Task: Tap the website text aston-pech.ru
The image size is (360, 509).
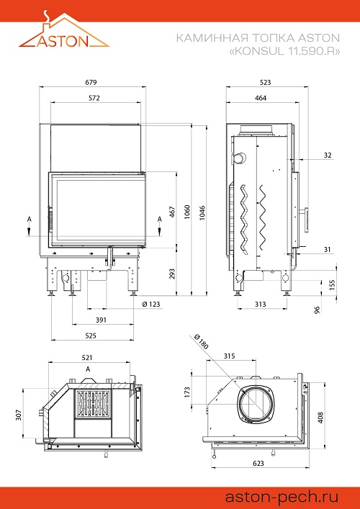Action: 282,497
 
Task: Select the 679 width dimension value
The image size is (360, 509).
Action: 91,83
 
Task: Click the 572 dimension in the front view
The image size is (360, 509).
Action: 94,98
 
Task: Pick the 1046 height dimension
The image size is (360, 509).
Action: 202,212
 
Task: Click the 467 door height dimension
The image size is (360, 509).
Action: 172,212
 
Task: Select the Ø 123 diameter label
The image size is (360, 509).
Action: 151,304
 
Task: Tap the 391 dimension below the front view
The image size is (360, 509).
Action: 101,320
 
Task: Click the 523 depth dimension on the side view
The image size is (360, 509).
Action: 265,83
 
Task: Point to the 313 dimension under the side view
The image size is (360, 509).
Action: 261,304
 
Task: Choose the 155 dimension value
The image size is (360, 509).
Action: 332,284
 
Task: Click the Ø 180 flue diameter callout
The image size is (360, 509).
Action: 202,341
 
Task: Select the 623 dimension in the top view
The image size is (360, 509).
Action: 258,463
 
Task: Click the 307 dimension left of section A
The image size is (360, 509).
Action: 19,415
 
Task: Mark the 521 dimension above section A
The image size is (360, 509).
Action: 87,358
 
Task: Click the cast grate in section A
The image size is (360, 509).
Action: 93,403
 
